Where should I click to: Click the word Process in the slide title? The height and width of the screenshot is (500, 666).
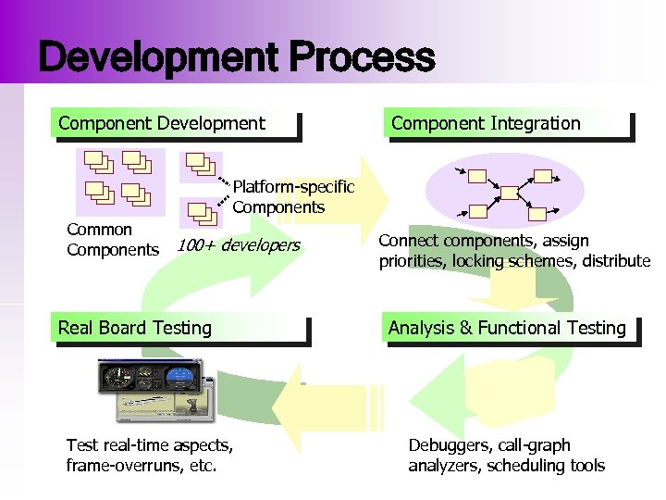click(x=362, y=57)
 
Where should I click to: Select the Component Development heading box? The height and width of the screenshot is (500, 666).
click(x=176, y=124)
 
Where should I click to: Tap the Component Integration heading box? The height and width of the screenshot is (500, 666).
click(x=509, y=124)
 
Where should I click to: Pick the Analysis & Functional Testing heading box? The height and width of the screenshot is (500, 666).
click(x=510, y=328)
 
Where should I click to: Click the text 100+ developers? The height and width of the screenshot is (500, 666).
click(x=239, y=245)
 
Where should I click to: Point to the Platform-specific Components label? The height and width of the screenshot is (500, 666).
click(x=292, y=197)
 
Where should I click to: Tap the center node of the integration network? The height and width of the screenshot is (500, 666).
click(x=508, y=192)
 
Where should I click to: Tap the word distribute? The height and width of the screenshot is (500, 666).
click(x=617, y=261)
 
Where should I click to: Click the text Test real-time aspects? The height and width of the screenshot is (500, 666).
click(x=149, y=445)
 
